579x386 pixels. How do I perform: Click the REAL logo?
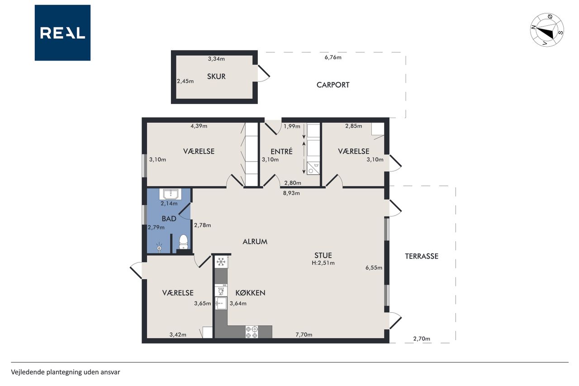click(62, 33)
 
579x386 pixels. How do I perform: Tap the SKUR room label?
click(216, 76)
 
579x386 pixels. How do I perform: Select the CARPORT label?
click(333, 85)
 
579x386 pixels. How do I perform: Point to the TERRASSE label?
click(422, 256)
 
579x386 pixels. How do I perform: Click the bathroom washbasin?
click(171, 194)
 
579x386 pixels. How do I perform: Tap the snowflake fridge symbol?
click(221, 262)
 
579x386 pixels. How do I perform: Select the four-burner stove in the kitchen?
click(252, 332)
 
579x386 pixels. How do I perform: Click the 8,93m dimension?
click(291, 193)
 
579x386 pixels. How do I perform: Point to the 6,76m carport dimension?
click(333, 57)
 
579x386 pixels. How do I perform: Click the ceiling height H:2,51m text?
click(323, 263)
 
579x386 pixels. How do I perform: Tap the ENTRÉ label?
click(281, 151)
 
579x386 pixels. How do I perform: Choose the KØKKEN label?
click(250, 293)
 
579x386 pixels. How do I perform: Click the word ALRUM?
click(255, 242)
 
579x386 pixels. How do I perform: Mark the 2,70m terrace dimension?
click(422, 338)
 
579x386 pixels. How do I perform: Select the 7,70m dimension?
click(304, 334)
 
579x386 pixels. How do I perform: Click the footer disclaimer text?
click(66, 372)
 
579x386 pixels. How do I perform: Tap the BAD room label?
click(169, 219)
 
